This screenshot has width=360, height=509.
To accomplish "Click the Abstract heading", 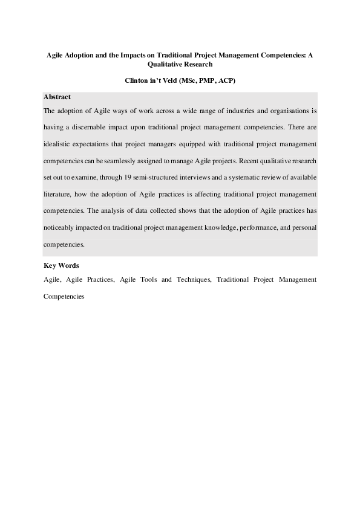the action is pyautogui.click(x=57, y=97).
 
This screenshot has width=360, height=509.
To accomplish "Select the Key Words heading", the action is pyautogui.click(x=61, y=266).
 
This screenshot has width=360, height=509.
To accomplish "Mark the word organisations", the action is pyautogui.click(x=287, y=111).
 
